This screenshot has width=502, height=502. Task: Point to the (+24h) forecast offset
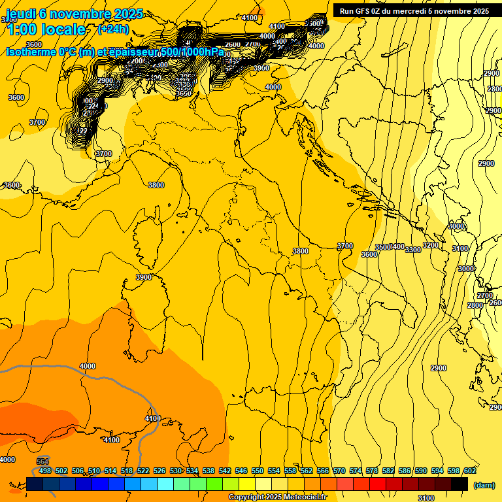coord(113,29)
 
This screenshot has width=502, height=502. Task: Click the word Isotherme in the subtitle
coord(31,52)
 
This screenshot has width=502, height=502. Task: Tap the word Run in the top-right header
coord(346,11)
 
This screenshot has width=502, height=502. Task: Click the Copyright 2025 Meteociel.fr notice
coord(277,497)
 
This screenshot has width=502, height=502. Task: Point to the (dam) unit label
coord(483,484)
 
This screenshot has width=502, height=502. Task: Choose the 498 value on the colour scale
coord(45,471)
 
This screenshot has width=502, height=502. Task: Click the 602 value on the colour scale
coord(469,471)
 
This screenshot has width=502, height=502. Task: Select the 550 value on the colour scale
coord(258,471)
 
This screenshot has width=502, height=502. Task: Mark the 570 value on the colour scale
coord(339,471)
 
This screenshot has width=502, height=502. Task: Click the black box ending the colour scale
coord(460,484)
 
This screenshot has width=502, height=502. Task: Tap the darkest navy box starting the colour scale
coord(35,484)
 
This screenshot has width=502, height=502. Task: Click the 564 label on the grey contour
coord(43,461)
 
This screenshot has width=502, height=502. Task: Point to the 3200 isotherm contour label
coord(430,245)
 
